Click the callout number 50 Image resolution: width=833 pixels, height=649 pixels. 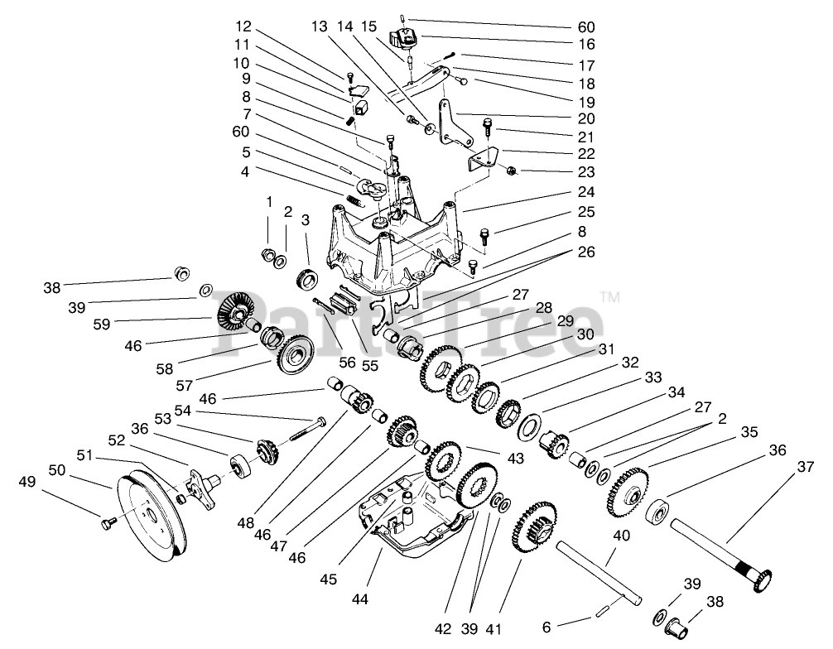57,470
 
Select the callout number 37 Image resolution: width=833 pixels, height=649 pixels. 806,467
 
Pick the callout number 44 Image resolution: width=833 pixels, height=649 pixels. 359,599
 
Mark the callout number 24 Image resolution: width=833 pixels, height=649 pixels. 586,192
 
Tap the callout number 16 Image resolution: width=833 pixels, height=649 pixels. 586,44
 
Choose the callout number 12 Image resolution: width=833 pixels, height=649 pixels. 243,26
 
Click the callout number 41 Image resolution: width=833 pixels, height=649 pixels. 494,629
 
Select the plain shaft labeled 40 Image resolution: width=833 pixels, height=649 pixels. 599,574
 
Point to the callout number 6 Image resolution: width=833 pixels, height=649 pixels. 547,627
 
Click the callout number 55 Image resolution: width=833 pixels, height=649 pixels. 370,365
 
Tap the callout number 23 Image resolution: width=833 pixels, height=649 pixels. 586,172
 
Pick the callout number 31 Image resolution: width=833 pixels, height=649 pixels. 606,349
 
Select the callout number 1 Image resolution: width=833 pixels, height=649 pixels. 269,202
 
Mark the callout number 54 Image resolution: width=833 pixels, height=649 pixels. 182,411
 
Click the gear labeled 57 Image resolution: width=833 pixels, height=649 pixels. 295,356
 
